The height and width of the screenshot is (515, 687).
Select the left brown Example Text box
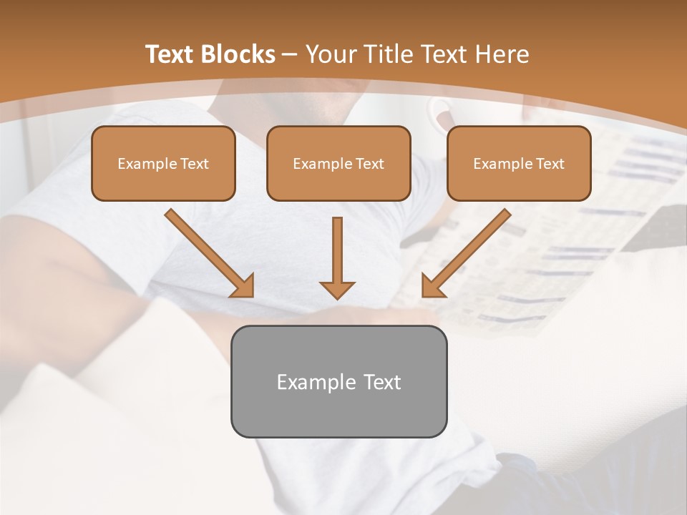(x=163, y=163)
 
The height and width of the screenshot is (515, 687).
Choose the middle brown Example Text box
(x=338, y=163)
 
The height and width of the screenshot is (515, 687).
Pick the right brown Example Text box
(x=519, y=163)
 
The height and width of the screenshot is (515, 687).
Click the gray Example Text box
(x=338, y=381)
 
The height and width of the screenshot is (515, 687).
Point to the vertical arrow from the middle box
(x=337, y=250)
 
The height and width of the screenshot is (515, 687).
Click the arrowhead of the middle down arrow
(x=337, y=289)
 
